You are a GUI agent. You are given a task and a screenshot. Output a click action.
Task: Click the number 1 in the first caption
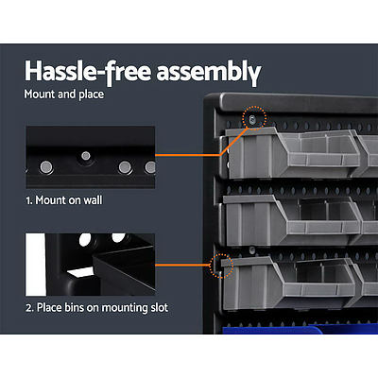point(28,200)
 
